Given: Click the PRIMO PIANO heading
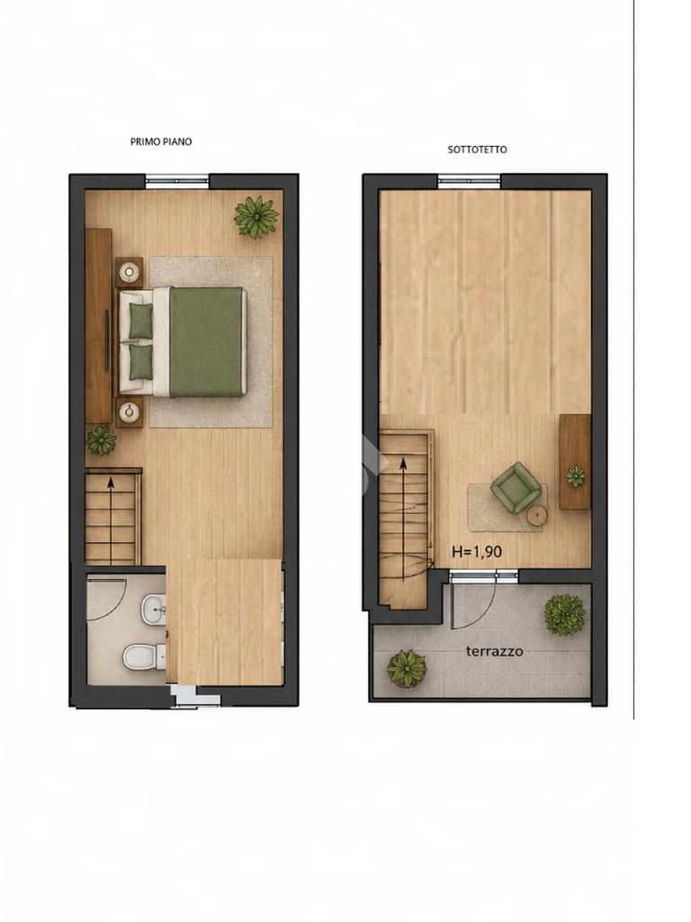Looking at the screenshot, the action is coord(160,141).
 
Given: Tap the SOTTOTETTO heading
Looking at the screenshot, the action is coord(477,149).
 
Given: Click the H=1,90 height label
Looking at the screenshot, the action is coord(477,552).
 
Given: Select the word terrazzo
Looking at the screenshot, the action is coord(494,651).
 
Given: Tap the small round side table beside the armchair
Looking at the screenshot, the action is coord(536,516).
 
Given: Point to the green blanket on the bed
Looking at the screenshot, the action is coord(206,341).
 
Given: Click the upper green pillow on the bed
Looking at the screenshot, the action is coord(140,321).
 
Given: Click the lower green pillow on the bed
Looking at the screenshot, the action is coord(140,362).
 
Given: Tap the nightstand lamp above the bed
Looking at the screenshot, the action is coord(130,272).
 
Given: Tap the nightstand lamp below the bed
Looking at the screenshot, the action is coord(130,411).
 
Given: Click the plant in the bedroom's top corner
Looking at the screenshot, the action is coord(256,218).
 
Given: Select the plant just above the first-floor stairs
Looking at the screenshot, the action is coord(101,439).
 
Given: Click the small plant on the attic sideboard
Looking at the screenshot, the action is coord(575,475).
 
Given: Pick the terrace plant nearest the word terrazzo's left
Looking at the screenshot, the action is coord(407,668).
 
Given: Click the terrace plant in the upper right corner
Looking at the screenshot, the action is coord(565,614).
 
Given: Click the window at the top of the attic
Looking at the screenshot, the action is coord(470,181).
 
